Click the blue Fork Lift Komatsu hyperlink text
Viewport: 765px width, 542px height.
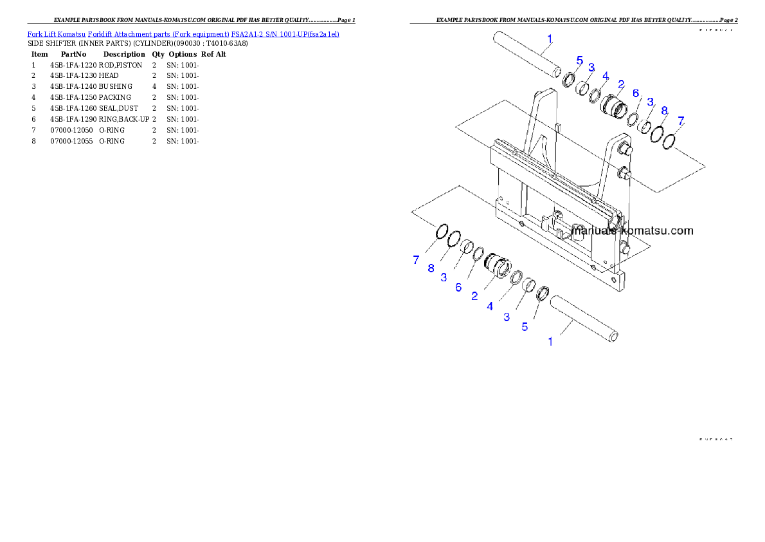[x=183, y=33]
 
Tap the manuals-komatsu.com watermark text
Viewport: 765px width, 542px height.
[x=633, y=230]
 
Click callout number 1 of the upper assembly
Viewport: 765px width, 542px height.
[x=550, y=39]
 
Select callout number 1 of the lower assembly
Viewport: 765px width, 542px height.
[x=550, y=342]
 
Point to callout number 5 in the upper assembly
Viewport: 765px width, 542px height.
[x=579, y=61]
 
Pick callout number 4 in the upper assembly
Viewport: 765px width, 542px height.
[x=605, y=75]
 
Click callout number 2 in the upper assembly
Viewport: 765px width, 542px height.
[x=621, y=84]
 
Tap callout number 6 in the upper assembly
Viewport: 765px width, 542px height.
[x=636, y=93]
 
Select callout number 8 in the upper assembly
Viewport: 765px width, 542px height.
[x=664, y=111]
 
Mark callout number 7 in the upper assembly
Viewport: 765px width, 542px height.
[x=681, y=120]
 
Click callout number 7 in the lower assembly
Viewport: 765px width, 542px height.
[x=416, y=260]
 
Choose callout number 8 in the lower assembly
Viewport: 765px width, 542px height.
[x=431, y=268]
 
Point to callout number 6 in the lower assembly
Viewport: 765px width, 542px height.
[x=458, y=287]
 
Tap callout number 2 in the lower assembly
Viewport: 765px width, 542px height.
[x=474, y=296]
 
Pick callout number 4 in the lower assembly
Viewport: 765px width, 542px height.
[x=490, y=306]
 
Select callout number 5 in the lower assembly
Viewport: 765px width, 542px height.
[x=525, y=326]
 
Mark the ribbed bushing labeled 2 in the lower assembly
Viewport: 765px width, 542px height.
[x=497, y=265]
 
